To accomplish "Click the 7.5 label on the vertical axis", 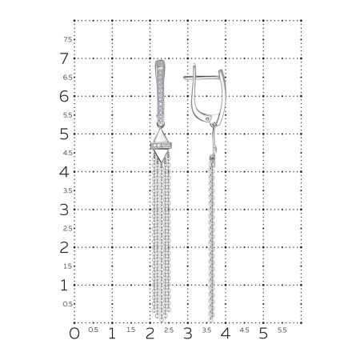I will [68, 39].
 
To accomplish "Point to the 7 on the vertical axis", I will [64, 58].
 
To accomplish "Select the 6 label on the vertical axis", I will [64, 96].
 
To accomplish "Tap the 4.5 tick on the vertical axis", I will [68, 153].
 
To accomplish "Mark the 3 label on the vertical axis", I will [64, 210].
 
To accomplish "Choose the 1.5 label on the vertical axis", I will [68, 266].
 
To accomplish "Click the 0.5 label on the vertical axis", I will [68, 304].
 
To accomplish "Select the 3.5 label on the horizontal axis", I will [206, 330].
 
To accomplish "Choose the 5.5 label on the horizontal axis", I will [282, 330].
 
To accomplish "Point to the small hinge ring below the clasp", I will [212, 121].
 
